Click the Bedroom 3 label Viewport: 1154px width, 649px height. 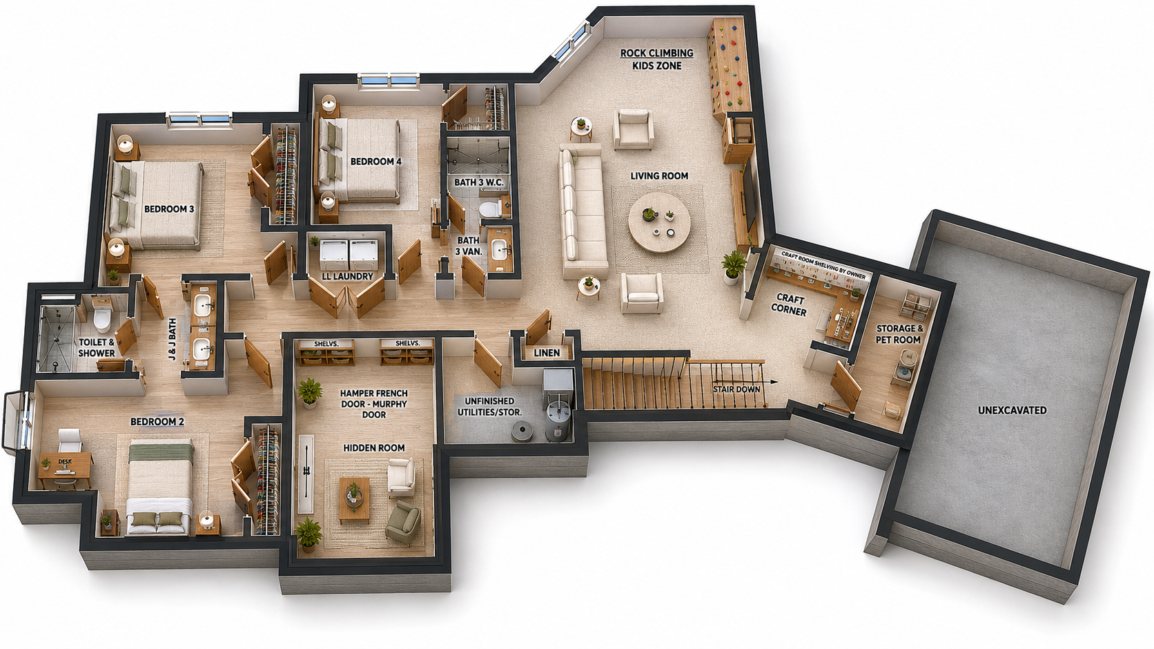(169, 209)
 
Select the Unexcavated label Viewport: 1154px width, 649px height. (1012, 410)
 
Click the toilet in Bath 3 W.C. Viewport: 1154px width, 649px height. (489, 209)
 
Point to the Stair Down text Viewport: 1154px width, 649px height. (736, 389)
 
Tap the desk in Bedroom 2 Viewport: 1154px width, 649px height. (66, 469)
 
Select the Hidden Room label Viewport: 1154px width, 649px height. (374, 448)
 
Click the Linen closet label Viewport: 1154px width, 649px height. (547, 353)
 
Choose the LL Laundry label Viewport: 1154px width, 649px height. (347, 276)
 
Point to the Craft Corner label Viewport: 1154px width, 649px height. (790, 304)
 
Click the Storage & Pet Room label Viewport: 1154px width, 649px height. (899, 334)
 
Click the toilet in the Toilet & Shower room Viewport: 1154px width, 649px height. (102, 319)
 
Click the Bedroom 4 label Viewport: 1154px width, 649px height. (375, 162)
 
